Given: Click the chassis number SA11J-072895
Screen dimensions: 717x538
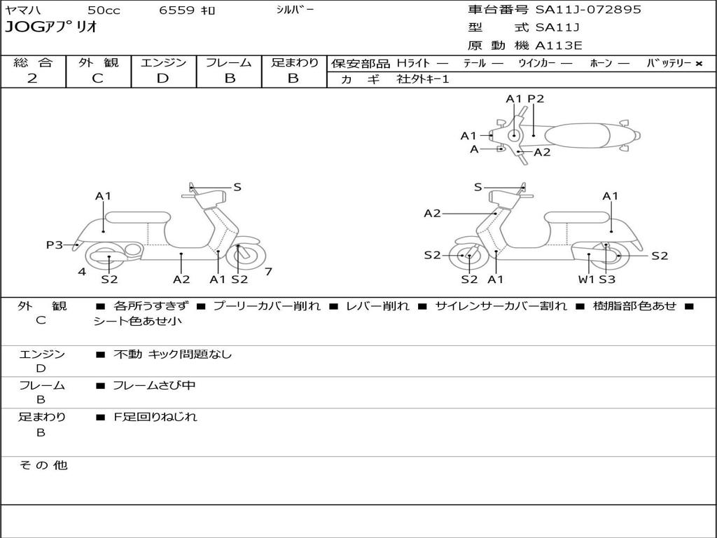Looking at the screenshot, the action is pos(588,10).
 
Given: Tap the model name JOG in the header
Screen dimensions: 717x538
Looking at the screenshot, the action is pos(23,28).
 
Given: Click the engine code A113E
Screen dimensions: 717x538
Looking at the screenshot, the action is pos(559,46).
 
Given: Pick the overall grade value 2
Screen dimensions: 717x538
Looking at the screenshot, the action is pos(32,78).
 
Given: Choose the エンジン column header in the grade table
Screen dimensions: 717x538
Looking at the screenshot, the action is pos(163,62).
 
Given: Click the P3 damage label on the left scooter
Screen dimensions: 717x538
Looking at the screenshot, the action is pos(55,244).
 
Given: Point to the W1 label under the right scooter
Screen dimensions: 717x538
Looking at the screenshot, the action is pos(586,280).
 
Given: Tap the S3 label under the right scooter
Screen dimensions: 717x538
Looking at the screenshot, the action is pos(607,280).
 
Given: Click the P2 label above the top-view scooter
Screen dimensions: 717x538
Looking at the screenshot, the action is pos(536,99).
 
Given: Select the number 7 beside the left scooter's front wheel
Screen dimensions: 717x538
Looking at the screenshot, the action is pos(268,272).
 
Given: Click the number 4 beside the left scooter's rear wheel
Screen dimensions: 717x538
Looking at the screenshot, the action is pos(82,272).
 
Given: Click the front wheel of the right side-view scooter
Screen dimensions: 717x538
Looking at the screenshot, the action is pos(468,256).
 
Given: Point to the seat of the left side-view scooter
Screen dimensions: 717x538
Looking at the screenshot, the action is pos(137,216).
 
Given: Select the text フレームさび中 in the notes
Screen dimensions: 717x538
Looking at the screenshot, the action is pos(154,385).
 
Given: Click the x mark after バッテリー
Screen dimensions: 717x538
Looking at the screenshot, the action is pos(698,63).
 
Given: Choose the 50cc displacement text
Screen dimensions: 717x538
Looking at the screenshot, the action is pos(103,11).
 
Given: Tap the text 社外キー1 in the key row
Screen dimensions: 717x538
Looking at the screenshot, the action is pos(423,79).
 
